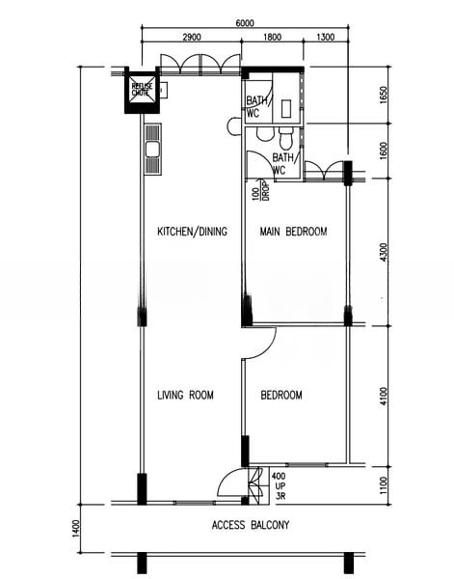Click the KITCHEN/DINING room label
pyautogui.click(x=193, y=233)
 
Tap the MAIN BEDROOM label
pyautogui.click(x=293, y=233)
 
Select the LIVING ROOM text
pyautogui.click(x=185, y=395)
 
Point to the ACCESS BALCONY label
pyautogui.click(x=250, y=526)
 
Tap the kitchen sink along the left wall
pyautogui.click(x=151, y=151)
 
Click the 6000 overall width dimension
pyautogui.click(x=245, y=23)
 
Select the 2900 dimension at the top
pyautogui.click(x=190, y=38)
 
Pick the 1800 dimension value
pyautogui.click(x=272, y=38)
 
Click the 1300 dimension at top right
pyautogui.click(x=325, y=38)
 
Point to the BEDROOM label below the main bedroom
pyautogui.click(x=281, y=395)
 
